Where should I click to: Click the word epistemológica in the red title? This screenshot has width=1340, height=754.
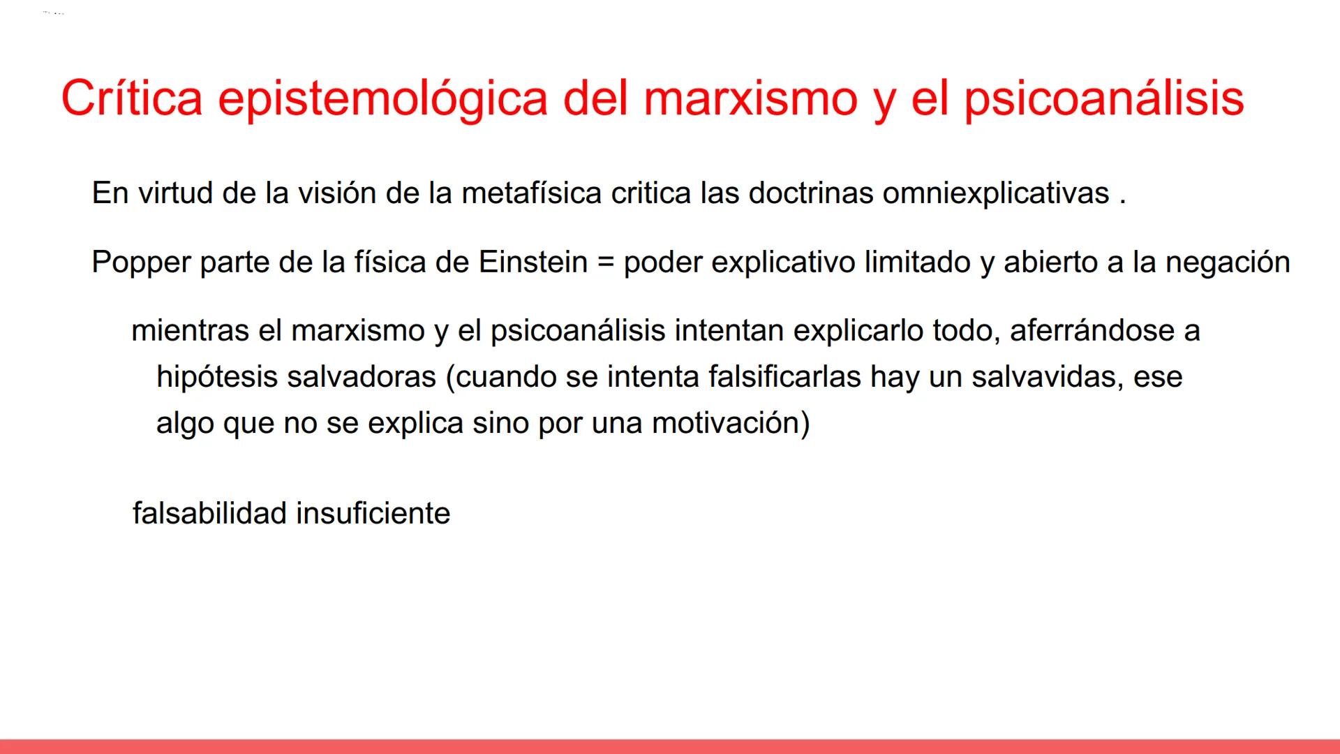coord(382,98)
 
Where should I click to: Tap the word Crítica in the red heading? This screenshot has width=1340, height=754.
coord(131,98)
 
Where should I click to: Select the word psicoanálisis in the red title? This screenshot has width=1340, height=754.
coord(1104,98)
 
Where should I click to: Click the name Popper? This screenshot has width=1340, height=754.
coord(141,263)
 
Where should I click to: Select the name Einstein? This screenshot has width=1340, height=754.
coord(533,263)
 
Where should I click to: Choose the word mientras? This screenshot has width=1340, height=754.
coord(190,331)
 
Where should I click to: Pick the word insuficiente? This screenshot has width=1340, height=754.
coord(373,514)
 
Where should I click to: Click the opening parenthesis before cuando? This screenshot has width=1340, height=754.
coord(450,378)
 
